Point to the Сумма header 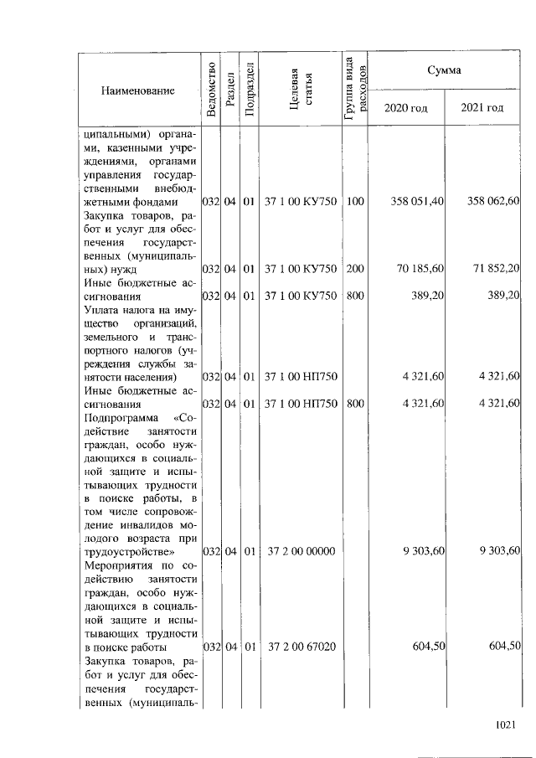pos(444,70)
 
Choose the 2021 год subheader pos(482,108)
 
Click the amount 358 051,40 pos(417,202)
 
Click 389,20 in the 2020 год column pos(427,296)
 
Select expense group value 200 pos(355,269)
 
